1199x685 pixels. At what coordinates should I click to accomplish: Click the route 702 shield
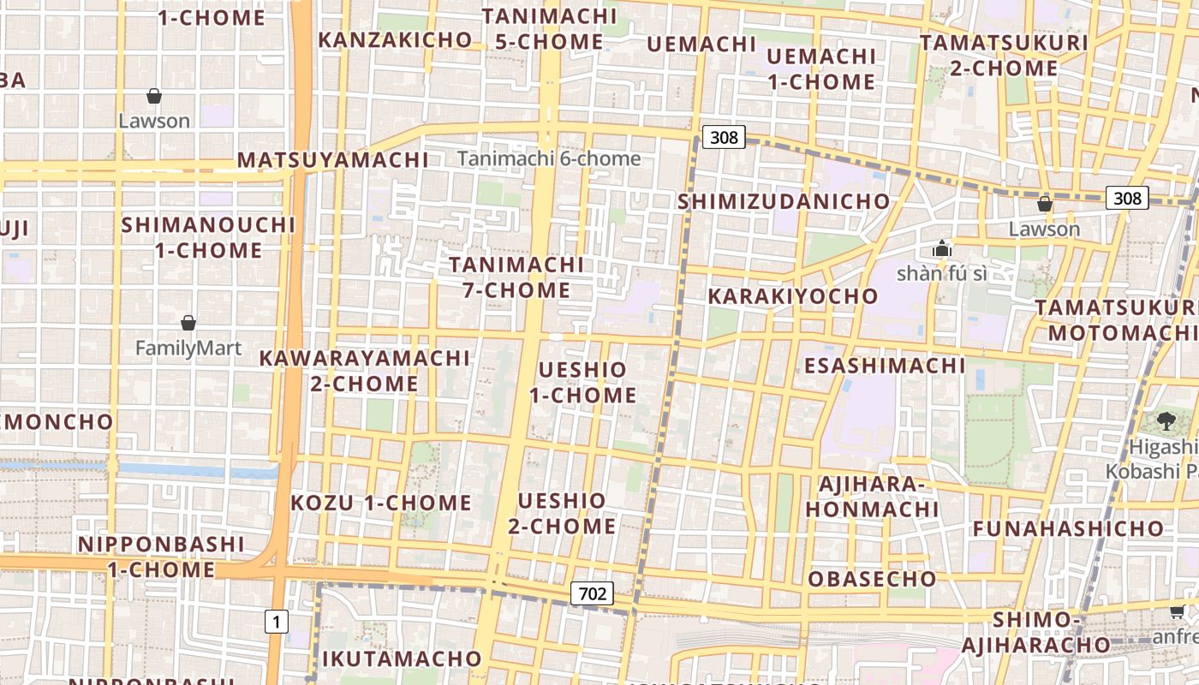coord(592,593)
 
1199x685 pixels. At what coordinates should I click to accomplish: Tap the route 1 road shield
coord(276,622)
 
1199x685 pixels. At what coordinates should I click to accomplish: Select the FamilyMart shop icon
coord(188,323)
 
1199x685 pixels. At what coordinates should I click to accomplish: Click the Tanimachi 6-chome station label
coord(549,158)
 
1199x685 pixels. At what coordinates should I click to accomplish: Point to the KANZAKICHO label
coord(395,39)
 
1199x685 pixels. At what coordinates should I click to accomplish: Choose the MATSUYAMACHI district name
coord(332,160)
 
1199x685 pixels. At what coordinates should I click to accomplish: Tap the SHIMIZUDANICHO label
coord(784,201)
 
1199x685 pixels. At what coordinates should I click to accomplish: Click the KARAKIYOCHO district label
coord(792,296)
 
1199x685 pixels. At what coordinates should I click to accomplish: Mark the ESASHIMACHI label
coord(885,366)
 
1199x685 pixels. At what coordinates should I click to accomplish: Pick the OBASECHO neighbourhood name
coord(872,579)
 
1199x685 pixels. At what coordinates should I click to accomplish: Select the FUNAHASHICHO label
coord(1067,528)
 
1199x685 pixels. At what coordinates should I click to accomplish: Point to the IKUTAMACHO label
coord(402,658)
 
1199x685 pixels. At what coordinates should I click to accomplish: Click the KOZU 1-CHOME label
coord(381,503)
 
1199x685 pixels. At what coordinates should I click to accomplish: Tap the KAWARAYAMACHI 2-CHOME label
coord(365,371)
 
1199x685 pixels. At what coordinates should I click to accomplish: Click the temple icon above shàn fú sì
coord(942,249)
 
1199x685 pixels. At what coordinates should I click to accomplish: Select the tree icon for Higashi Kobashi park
coord(1166,420)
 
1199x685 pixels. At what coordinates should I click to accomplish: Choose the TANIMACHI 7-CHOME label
coord(517,277)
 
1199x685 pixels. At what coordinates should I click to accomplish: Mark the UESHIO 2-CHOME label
coord(562,513)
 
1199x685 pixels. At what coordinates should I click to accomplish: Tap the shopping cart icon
coord(1178,611)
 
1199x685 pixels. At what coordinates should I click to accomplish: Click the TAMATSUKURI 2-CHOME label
coord(1004,55)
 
